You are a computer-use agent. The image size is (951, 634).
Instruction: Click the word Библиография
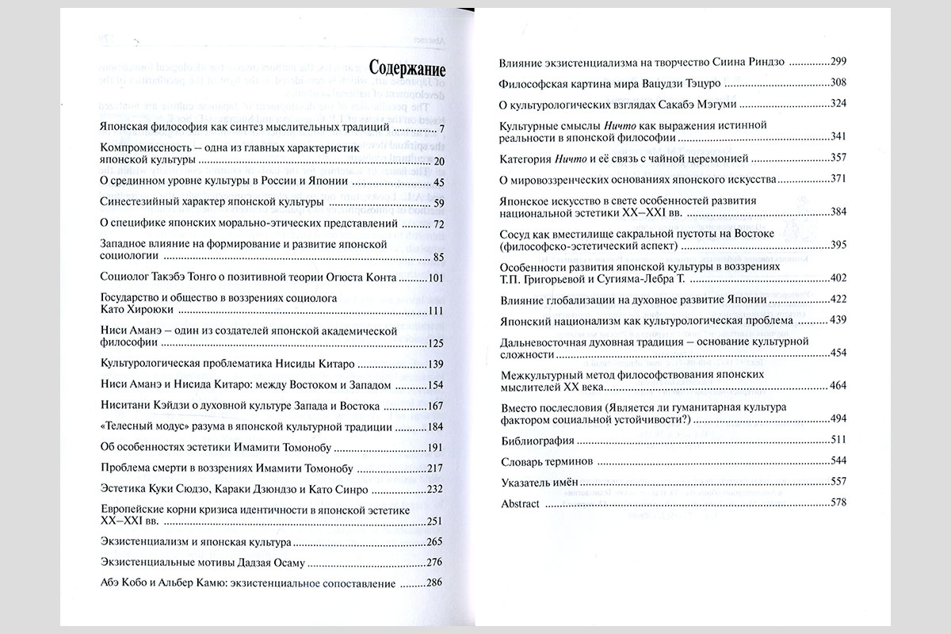click(x=534, y=441)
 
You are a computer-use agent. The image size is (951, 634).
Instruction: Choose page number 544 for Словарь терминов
click(x=839, y=461)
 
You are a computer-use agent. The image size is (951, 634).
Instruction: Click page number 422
click(x=839, y=301)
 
